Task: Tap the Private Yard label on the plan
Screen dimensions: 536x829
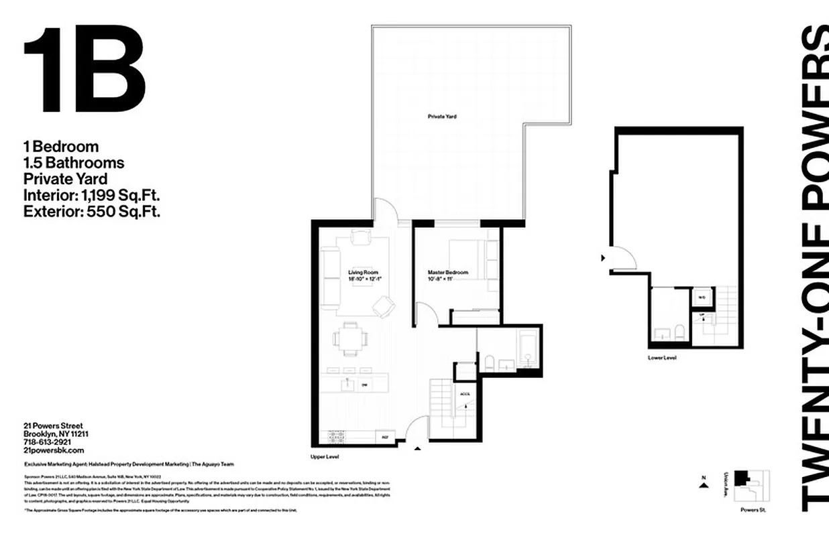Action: [x=442, y=117]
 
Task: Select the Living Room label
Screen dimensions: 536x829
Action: [x=363, y=273]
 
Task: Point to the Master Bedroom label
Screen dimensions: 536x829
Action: [x=447, y=273]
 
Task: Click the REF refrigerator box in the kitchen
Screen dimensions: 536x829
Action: [x=385, y=436]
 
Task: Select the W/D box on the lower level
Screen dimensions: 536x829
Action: [x=702, y=297]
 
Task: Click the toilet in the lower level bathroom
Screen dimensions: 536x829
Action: [x=679, y=331]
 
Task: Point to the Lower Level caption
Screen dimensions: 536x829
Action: [x=661, y=358]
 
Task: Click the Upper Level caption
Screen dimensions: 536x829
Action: [x=324, y=456]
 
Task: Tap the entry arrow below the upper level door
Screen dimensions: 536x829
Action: [x=417, y=450]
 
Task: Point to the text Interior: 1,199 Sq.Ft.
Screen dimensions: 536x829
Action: [x=91, y=195]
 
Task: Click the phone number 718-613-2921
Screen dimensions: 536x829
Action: [x=47, y=442]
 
